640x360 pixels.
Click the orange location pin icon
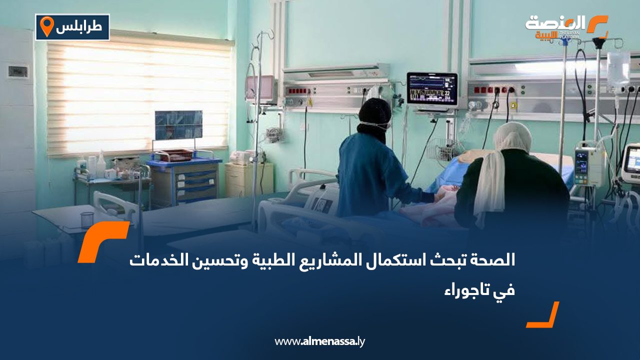point(46,26)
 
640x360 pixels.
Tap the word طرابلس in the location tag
point(79,27)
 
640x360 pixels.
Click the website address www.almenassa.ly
point(319,341)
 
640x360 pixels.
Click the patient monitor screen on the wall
point(432,89)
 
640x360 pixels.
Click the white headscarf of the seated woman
point(503,168)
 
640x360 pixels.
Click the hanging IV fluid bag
point(618,68)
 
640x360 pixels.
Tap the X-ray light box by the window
point(178,125)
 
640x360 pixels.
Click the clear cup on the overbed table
point(87,220)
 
